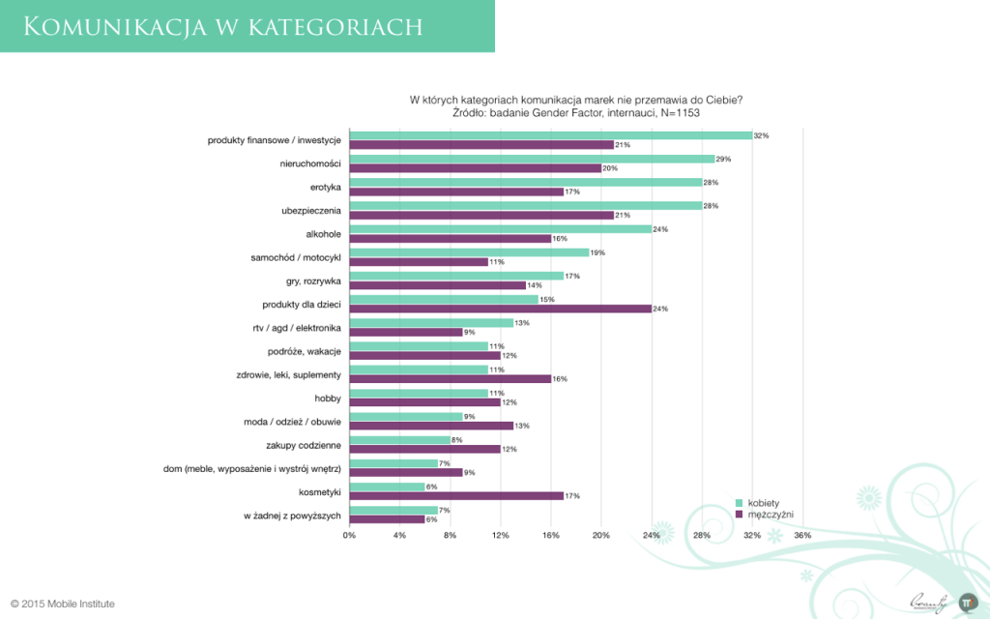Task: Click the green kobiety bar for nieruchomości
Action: (531, 159)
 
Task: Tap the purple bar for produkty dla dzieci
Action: (499, 309)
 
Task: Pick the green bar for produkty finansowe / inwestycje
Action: (550, 135)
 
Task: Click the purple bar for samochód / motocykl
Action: (418, 261)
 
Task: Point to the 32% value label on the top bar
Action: (761, 135)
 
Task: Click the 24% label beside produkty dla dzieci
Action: (660, 309)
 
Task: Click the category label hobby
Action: (328, 398)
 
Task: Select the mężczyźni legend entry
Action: (764, 515)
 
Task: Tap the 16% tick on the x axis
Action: (550, 535)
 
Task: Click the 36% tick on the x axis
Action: (801, 535)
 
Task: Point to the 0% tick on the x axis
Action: (349, 535)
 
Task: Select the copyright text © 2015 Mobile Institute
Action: (63, 604)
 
